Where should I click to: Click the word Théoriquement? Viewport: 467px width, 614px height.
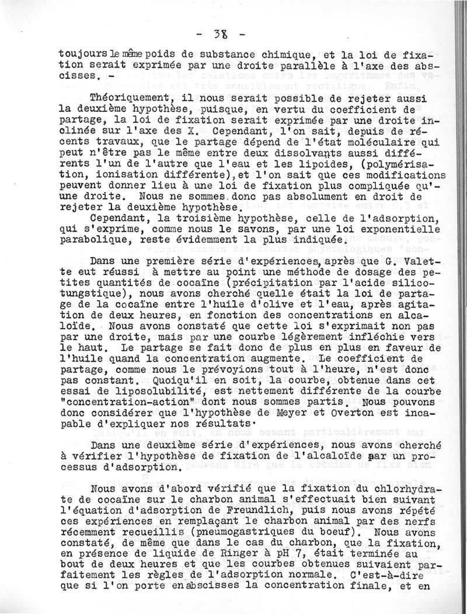(x=124, y=99)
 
